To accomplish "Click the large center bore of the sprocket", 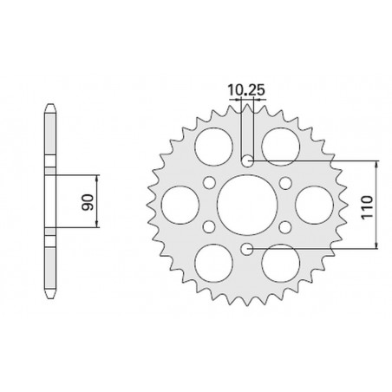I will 247,205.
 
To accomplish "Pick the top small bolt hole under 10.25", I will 247,160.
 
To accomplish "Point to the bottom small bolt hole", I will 247,249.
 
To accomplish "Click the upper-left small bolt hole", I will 209,182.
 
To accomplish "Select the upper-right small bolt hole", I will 285,182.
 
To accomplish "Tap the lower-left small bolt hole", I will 209,227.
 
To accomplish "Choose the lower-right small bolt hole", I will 285,227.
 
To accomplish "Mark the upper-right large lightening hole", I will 281,145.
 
